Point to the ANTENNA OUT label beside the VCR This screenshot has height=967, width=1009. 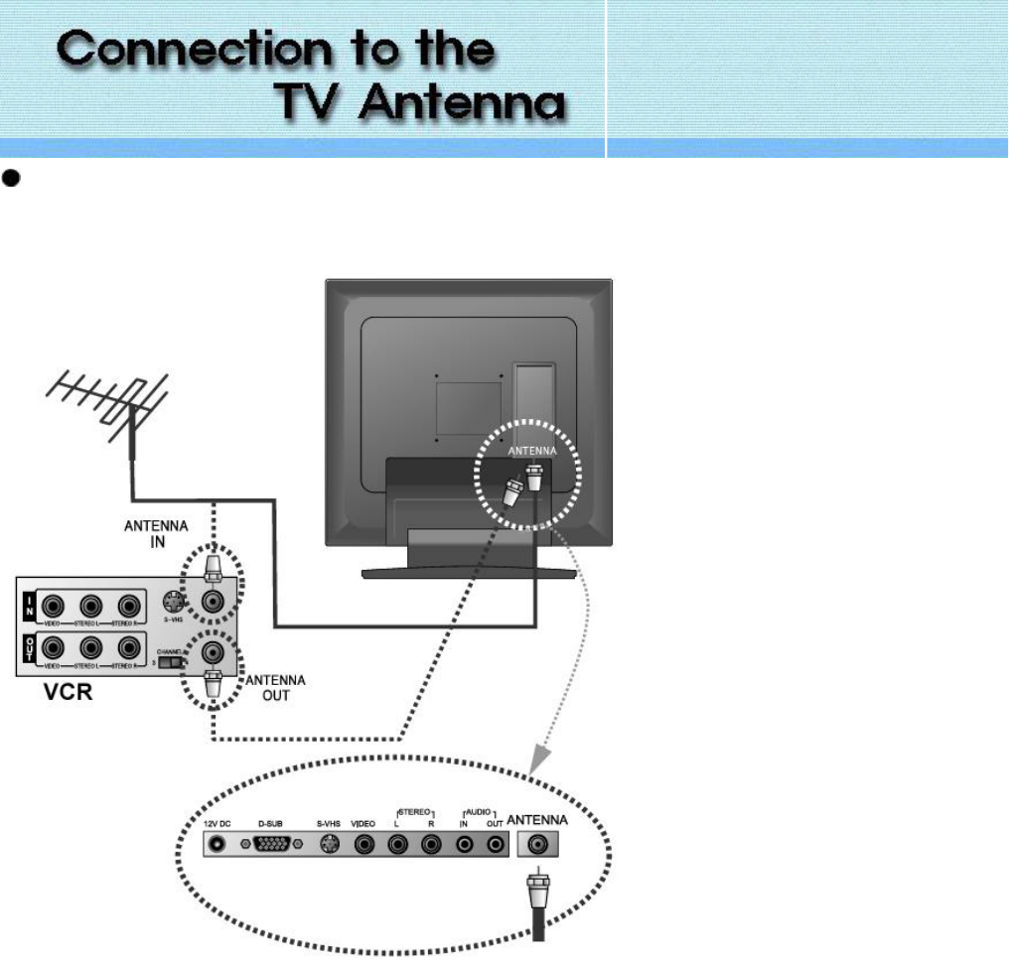click(x=275, y=687)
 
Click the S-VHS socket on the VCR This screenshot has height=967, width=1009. click(x=175, y=601)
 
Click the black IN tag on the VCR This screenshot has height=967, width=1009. click(x=29, y=604)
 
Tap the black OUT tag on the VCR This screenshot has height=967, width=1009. click(x=29, y=651)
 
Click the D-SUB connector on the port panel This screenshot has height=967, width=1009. click(x=273, y=845)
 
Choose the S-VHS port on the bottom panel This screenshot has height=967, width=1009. click(x=331, y=845)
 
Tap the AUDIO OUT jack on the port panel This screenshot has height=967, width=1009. click(x=495, y=845)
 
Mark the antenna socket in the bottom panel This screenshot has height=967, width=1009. click(x=537, y=845)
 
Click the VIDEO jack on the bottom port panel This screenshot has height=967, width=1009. click(x=365, y=845)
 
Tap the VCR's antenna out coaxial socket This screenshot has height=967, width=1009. click(x=212, y=652)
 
